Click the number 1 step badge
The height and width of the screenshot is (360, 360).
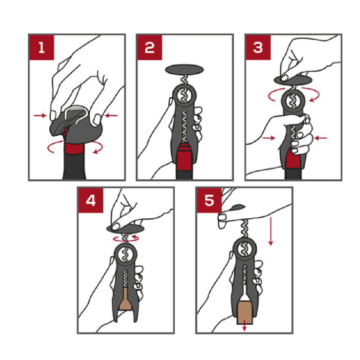tap(41, 47)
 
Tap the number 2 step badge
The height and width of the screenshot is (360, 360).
tap(150, 47)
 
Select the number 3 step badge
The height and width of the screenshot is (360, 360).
tap(258, 47)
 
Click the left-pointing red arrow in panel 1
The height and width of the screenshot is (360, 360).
tap(111, 116)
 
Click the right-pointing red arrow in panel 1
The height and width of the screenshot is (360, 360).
tap(40, 116)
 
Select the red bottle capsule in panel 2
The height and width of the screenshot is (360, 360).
tap(184, 157)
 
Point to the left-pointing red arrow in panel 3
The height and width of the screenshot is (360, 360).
tap(321, 138)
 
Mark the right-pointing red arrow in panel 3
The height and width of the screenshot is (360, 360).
tap(269, 138)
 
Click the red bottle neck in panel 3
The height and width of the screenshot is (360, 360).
tap(293, 161)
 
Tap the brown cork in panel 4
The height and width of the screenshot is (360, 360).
tap(125, 299)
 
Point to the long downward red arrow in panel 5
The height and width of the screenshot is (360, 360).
tap(271, 231)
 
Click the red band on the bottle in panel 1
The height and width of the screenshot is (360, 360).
tap(74, 149)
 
